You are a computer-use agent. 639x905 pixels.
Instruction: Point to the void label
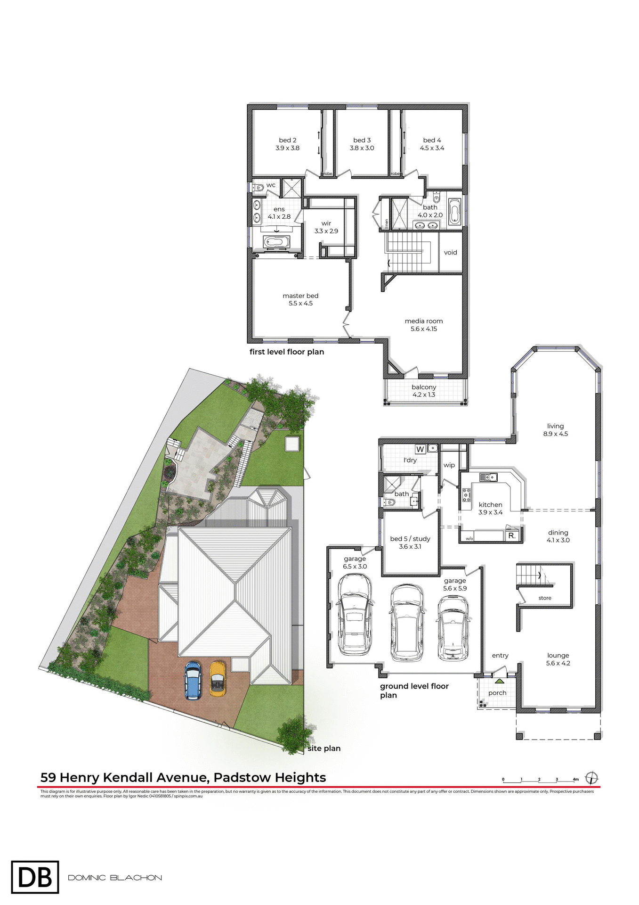click(x=450, y=253)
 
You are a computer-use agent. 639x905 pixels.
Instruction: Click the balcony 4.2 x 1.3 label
click(x=424, y=391)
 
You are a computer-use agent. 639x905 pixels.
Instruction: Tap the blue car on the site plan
click(x=193, y=680)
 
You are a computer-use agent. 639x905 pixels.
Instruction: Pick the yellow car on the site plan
click(x=217, y=679)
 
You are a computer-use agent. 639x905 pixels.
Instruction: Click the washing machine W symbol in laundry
click(x=420, y=449)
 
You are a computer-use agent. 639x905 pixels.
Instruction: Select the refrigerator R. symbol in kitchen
click(x=512, y=536)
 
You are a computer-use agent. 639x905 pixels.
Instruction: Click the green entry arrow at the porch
click(x=499, y=681)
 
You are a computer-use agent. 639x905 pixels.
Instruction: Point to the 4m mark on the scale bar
click(x=575, y=780)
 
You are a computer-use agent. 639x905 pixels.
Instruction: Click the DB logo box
click(x=35, y=877)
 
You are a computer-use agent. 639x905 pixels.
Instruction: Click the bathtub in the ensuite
click(x=276, y=242)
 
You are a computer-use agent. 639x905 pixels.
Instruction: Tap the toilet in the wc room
click(x=259, y=188)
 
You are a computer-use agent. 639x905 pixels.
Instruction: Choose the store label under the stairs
click(x=545, y=598)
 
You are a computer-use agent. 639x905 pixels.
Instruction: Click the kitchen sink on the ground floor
click(x=488, y=477)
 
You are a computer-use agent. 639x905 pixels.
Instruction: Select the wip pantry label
click(x=449, y=465)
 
